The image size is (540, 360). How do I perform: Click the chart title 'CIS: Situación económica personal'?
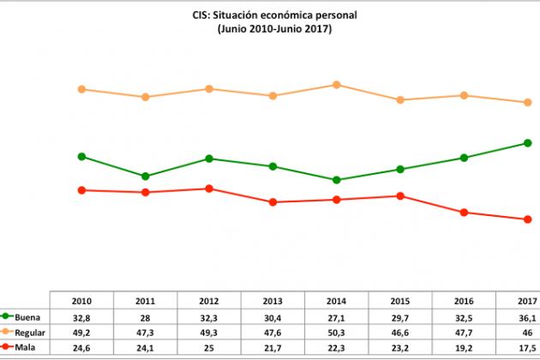point(274,15)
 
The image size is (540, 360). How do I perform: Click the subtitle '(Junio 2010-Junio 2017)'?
point(274,29)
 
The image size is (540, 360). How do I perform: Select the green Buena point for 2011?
point(146,177)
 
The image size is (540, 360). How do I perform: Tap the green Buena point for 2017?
point(527,143)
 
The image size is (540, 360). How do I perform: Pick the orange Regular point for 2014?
point(337,85)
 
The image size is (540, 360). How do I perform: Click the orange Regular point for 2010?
point(81,89)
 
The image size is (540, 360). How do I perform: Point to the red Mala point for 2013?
point(273,202)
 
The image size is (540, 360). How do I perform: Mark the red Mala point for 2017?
point(527,219)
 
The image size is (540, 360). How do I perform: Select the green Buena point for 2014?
point(337,180)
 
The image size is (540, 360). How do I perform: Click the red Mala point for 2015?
point(400,196)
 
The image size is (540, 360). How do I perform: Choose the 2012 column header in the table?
point(209,301)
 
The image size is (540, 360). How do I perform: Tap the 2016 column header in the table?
point(464,301)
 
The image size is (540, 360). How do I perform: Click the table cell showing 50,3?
point(337,331)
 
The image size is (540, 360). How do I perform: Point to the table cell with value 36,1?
point(527,316)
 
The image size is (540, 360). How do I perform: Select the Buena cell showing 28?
point(146,316)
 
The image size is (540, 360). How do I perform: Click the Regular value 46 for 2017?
point(527,331)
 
